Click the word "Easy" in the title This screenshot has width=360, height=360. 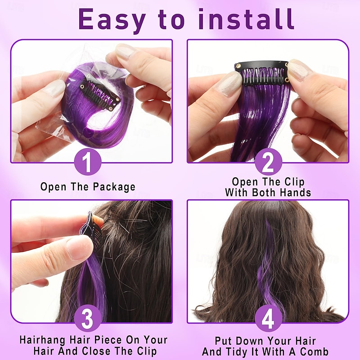pyautogui.click(x=112, y=20)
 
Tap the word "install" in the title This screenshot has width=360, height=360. pyautogui.click(x=246, y=19)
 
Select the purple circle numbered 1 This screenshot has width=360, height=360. pyautogui.click(x=88, y=162)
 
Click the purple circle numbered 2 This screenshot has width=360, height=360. pyautogui.click(x=268, y=162)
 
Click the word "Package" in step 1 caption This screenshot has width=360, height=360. pyautogui.click(x=114, y=187)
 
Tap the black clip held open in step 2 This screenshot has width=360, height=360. pyautogui.click(x=262, y=73)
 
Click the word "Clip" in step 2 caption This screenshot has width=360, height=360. pyautogui.click(x=295, y=182)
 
